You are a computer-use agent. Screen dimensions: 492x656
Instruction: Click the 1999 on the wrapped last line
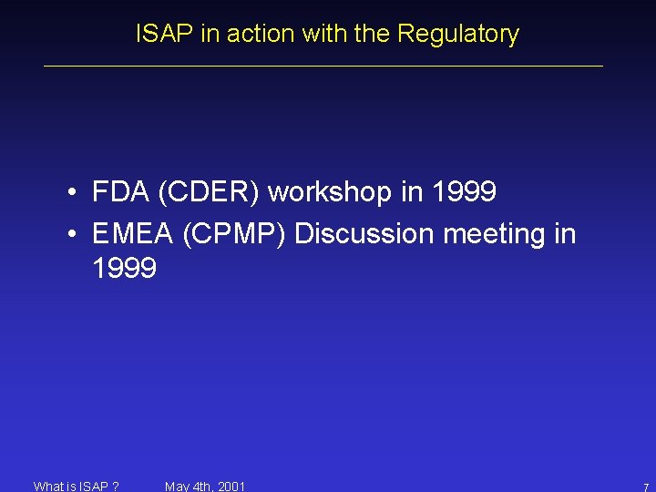pos(124,269)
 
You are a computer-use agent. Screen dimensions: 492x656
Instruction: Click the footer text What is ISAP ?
pos(76,486)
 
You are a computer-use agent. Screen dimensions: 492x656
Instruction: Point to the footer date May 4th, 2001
pos(205,486)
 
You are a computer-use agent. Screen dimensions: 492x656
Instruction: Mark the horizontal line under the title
pos(323,66)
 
